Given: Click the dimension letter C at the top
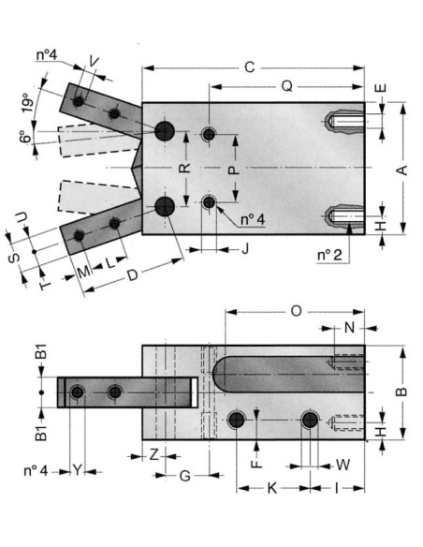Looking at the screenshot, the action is click(x=250, y=67).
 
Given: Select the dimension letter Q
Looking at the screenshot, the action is click(x=286, y=86).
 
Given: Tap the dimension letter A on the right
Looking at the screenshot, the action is click(x=402, y=170).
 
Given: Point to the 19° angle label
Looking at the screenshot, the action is click(x=29, y=102).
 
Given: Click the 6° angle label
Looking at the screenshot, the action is click(x=24, y=137).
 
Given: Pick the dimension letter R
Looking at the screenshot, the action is click(x=184, y=168).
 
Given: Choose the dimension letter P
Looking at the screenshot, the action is click(x=234, y=170).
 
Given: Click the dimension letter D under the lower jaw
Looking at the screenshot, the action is click(x=132, y=275).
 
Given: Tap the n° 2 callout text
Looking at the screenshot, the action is click(x=329, y=255).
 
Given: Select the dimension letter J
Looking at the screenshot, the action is click(x=245, y=249).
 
